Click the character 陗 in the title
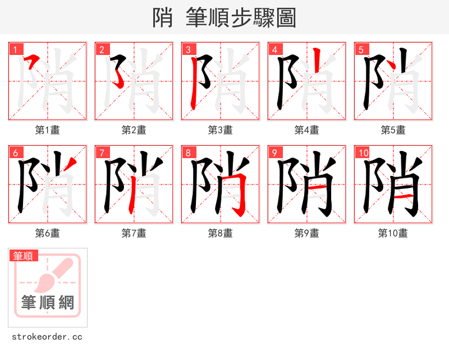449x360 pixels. point(162,18)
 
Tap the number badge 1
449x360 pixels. point(15,49)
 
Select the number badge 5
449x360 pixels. point(360,49)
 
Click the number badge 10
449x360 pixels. point(363,153)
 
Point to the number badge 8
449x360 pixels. point(187,153)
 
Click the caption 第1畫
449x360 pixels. point(47,130)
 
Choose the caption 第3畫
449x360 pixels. point(220,130)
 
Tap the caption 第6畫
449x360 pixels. point(47,233)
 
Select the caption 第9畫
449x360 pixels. point(306,233)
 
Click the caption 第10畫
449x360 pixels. point(393,233)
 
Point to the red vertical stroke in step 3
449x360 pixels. point(194,84)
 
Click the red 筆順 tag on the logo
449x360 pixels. point(24,256)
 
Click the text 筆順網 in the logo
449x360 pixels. point(48,303)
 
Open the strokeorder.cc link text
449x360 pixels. point(47,337)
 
